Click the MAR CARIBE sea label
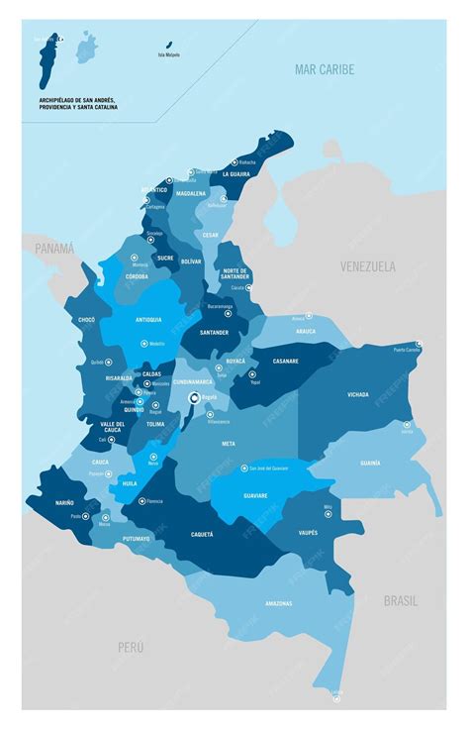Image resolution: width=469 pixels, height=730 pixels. click(324, 69)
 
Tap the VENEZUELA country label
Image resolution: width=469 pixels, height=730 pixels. click(367, 266)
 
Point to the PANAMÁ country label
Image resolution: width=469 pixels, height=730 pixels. click(53, 250)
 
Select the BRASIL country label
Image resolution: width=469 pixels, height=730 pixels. click(401, 600)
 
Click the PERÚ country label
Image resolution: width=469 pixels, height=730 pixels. click(131, 647)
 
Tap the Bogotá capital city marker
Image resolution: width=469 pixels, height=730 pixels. click(194, 398)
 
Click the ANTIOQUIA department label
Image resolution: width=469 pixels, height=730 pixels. click(148, 320)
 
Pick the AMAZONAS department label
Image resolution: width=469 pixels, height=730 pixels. click(278, 603)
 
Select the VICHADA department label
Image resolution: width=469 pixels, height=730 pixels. click(358, 394)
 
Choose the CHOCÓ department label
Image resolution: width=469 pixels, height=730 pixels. click(86, 320)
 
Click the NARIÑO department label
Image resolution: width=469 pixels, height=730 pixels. click(65, 503)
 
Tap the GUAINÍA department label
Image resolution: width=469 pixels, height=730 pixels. click(370, 463)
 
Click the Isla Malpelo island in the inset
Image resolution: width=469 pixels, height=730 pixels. click(168, 45)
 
